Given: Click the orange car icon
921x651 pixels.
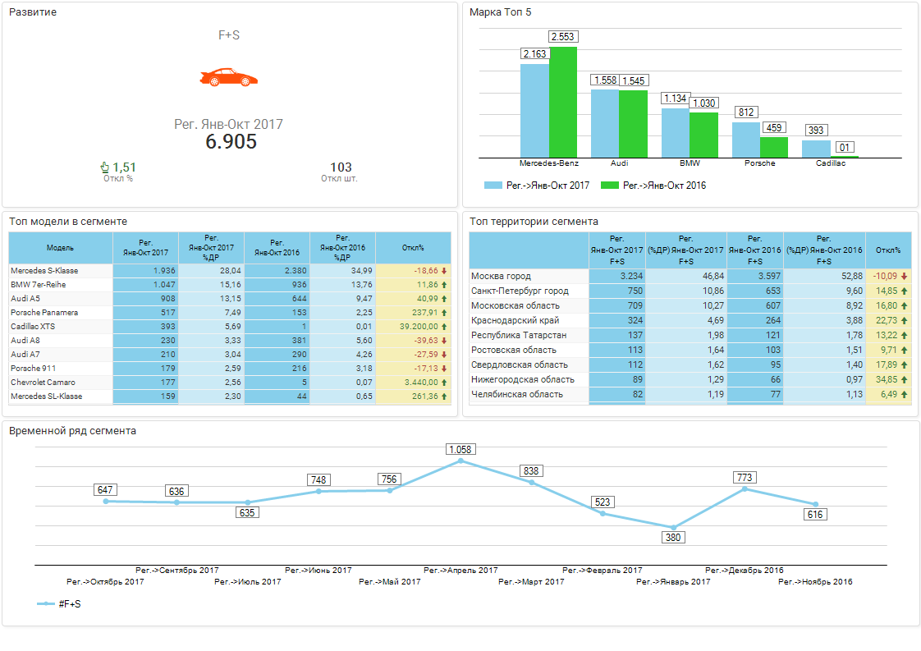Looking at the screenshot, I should coord(229,77).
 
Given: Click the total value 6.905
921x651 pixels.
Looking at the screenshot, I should coord(231,141).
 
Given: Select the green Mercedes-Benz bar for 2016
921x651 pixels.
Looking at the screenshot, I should coord(563,102).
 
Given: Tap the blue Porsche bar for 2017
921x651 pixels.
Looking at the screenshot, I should coord(745,140).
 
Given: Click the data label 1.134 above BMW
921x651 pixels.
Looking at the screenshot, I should coord(675,99).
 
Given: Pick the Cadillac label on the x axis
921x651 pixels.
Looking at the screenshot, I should coord(830,163).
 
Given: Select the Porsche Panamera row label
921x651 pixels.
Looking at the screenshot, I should coord(44,312).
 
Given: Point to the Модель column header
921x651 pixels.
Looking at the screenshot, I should coord(60,248).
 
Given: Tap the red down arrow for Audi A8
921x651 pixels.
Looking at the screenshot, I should coord(444,341).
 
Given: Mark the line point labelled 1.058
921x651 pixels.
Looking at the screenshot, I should coord(460,461).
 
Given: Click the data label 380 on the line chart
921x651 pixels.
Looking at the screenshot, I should coord(673,537).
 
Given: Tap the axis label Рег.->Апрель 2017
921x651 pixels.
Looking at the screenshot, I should coord(460,570).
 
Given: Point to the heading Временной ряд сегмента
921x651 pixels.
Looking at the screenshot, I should coord(72,430).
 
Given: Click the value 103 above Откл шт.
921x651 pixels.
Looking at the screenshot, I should coord(341,167).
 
